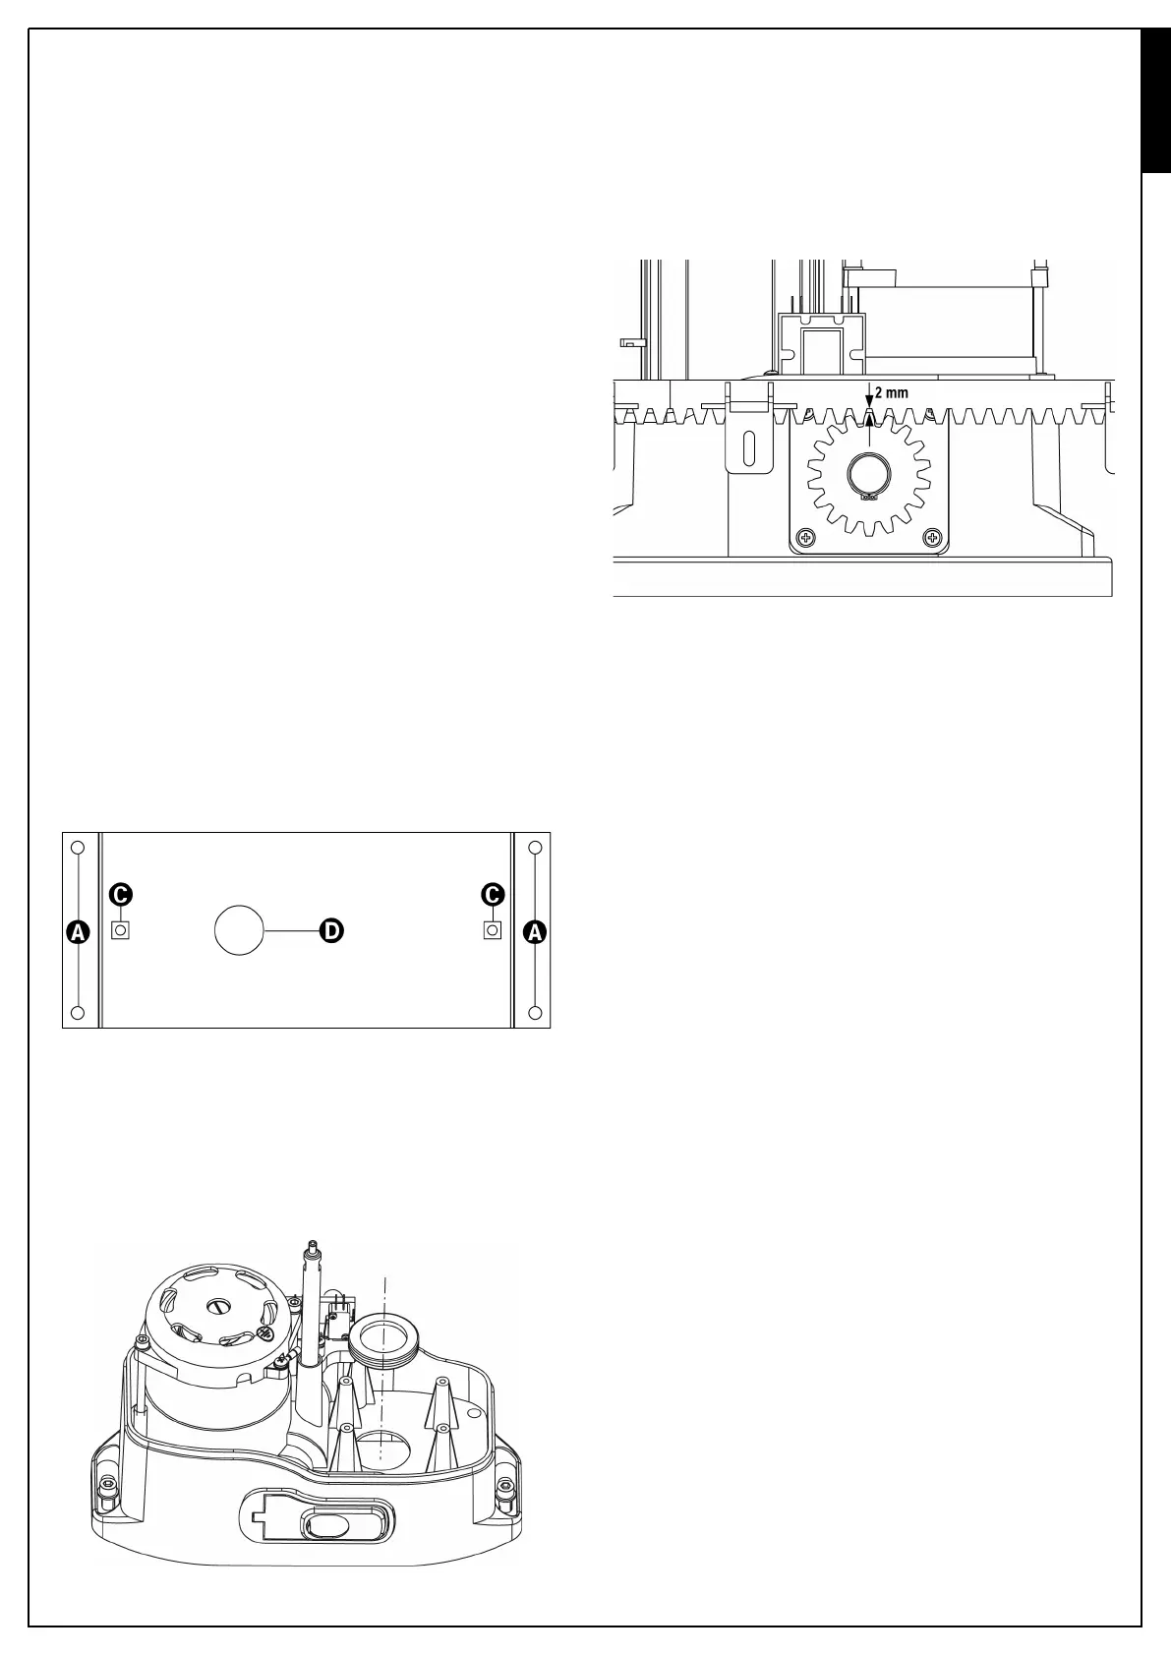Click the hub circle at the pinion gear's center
(868, 478)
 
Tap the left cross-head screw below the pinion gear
(806, 538)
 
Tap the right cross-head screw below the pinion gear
(931, 538)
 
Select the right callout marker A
(535, 931)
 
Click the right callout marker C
(493, 895)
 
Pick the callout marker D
(330, 930)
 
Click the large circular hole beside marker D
(240, 930)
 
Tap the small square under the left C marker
(121, 930)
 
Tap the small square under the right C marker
(493, 930)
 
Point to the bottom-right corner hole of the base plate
(535, 1013)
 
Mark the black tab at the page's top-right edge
(1155, 102)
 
